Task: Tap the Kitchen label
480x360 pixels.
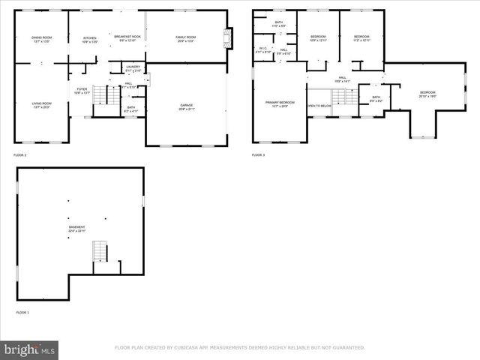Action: click(89, 39)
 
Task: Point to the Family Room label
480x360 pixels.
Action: click(185, 38)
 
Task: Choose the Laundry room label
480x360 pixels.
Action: click(133, 68)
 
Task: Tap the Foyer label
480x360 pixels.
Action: click(82, 90)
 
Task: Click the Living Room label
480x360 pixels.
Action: click(41, 105)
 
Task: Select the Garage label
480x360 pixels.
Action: click(186, 106)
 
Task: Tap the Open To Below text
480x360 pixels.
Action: click(319, 106)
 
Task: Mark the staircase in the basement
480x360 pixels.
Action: click(100, 253)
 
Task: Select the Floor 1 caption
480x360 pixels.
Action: click(22, 312)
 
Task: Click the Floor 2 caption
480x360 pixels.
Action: click(20, 155)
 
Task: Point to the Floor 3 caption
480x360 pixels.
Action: click(258, 155)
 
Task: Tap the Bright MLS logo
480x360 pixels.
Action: click(30, 349)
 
